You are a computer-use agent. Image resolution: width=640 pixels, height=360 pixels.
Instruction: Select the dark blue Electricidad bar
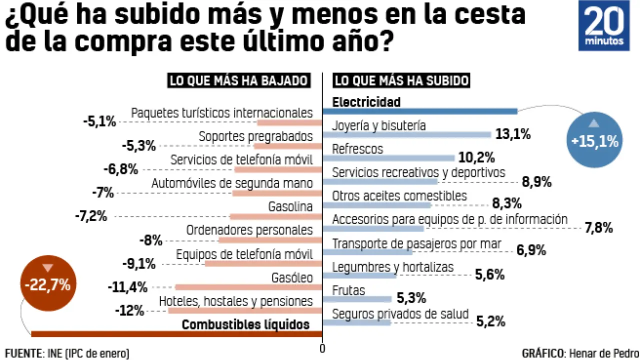coord(420,111)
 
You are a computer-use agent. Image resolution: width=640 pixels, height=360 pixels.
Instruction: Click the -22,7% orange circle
coord(47,285)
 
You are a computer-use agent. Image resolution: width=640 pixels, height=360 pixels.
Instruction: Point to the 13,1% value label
coord(512,134)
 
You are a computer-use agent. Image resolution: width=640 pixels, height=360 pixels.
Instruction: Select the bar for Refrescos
coord(388,158)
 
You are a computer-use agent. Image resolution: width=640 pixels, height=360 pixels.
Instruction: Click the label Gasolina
coord(290,206)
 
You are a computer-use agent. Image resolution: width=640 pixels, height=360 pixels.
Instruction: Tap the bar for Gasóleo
coord(247,287)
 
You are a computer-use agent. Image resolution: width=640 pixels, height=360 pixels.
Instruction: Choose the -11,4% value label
coord(127,287)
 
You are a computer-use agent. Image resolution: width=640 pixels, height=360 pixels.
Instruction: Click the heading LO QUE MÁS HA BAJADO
coord(238,81)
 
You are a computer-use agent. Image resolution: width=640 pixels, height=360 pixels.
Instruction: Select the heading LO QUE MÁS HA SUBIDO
coord(401,81)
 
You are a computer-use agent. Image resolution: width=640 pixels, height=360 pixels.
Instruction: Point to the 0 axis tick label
coord(322,349)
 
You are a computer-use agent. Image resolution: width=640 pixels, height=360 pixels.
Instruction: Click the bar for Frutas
coord(357,299)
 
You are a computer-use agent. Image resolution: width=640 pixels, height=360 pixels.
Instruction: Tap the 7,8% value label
coord(599,228)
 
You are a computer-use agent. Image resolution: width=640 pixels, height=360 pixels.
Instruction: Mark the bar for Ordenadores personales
coord(269,240)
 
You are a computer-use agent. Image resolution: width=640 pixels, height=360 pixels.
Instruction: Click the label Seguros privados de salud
coord(400,314)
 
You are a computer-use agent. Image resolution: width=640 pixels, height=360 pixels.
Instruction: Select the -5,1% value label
coord(99,121)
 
